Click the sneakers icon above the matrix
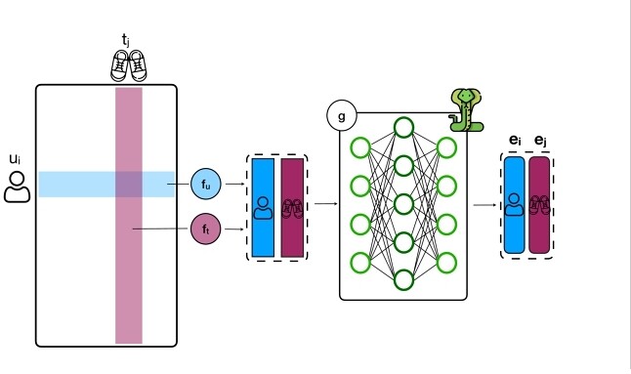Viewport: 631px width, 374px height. point(129,65)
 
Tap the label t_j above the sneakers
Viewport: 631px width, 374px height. point(126,41)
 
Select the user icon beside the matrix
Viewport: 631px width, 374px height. point(17,187)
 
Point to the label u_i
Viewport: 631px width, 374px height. point(15,159)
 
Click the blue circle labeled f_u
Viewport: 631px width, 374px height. point(206,184)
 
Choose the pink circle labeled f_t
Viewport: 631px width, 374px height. point(206,229)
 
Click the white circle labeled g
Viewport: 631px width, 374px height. point(342,116)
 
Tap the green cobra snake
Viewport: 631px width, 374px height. point(466,110)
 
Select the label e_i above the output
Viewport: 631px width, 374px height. point(515,141)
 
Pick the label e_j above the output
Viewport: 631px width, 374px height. point(540,141)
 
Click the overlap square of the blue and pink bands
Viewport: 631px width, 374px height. point(129,185)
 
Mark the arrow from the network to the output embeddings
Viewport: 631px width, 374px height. point(484,205)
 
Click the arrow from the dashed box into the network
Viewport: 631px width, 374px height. point(326,203)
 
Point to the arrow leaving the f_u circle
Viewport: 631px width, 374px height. point(235,184)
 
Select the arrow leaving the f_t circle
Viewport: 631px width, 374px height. point(234,229)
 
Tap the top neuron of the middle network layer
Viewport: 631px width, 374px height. point(403,128)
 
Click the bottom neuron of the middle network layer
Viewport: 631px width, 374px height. point(403,280)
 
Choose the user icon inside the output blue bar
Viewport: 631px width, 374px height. point(514,205)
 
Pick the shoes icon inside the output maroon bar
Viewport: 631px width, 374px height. point(539,205)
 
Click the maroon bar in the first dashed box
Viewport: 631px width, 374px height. point(292,208)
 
